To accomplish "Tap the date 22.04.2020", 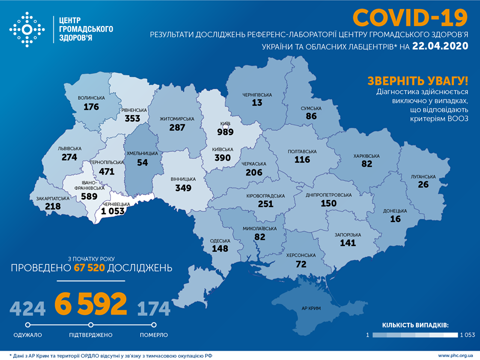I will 440,46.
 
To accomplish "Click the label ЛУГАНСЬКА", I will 423,176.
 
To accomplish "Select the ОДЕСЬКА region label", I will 220,240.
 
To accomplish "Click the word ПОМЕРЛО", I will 154,334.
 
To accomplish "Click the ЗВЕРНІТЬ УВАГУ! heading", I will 418,81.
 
